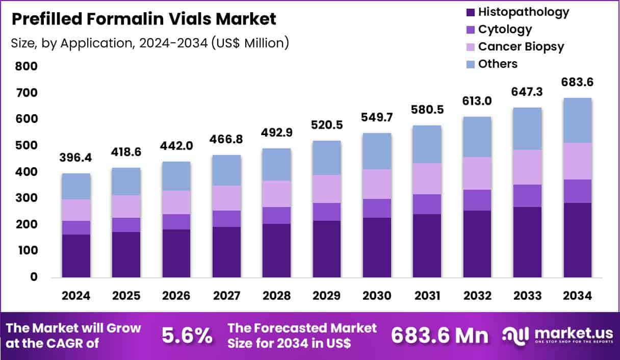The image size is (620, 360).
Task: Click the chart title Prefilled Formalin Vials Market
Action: click(144, 19)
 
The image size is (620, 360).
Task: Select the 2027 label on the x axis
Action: click(226, 296)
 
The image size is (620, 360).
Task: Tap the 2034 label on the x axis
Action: click(577, 296)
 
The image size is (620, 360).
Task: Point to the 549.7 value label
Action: click(377, 117)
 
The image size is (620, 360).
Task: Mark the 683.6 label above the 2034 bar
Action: click(577, 82)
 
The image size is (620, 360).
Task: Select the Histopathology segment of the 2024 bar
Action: click(76, 256)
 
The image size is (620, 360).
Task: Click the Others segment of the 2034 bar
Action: click(577, 120)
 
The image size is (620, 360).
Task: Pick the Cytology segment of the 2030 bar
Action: click(377, 208)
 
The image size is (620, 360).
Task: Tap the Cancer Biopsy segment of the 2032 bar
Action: click(477, 173)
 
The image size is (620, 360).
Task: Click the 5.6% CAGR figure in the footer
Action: click(187, 336)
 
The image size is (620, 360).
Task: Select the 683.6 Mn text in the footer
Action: click(440, 336)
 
